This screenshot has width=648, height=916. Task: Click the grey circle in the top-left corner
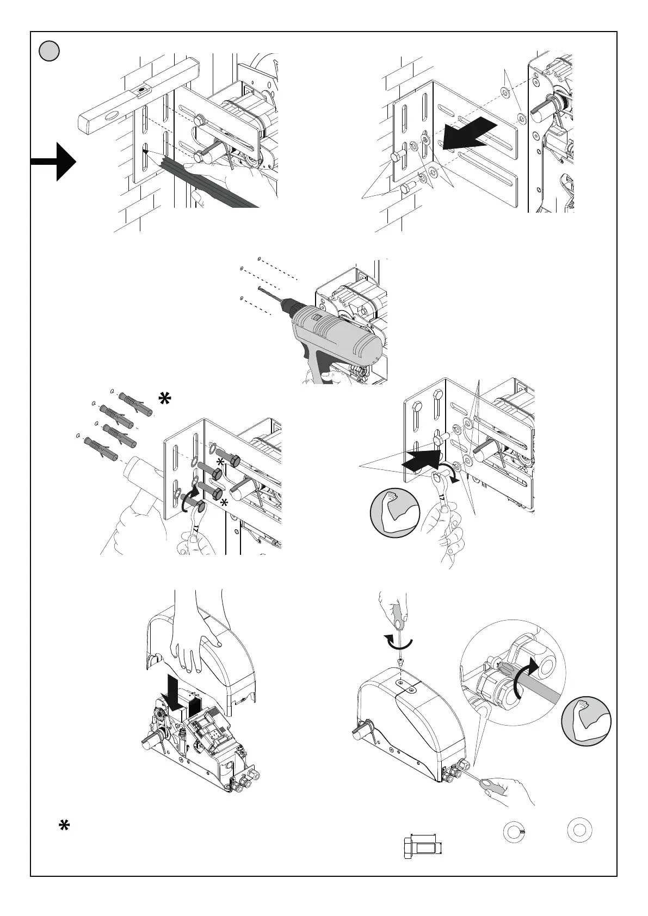(x=49, y=51)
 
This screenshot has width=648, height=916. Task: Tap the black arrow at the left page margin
(x=54, y=162)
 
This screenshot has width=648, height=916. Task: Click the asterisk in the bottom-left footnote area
(x=64, y=826)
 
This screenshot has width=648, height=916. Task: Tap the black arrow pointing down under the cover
(x=178, y=692)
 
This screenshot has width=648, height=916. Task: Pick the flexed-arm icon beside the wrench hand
(x=394, y=512)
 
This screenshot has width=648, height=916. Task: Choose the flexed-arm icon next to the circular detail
(x=587, y=721)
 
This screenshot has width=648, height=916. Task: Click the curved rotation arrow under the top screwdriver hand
(x=398, y=642)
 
